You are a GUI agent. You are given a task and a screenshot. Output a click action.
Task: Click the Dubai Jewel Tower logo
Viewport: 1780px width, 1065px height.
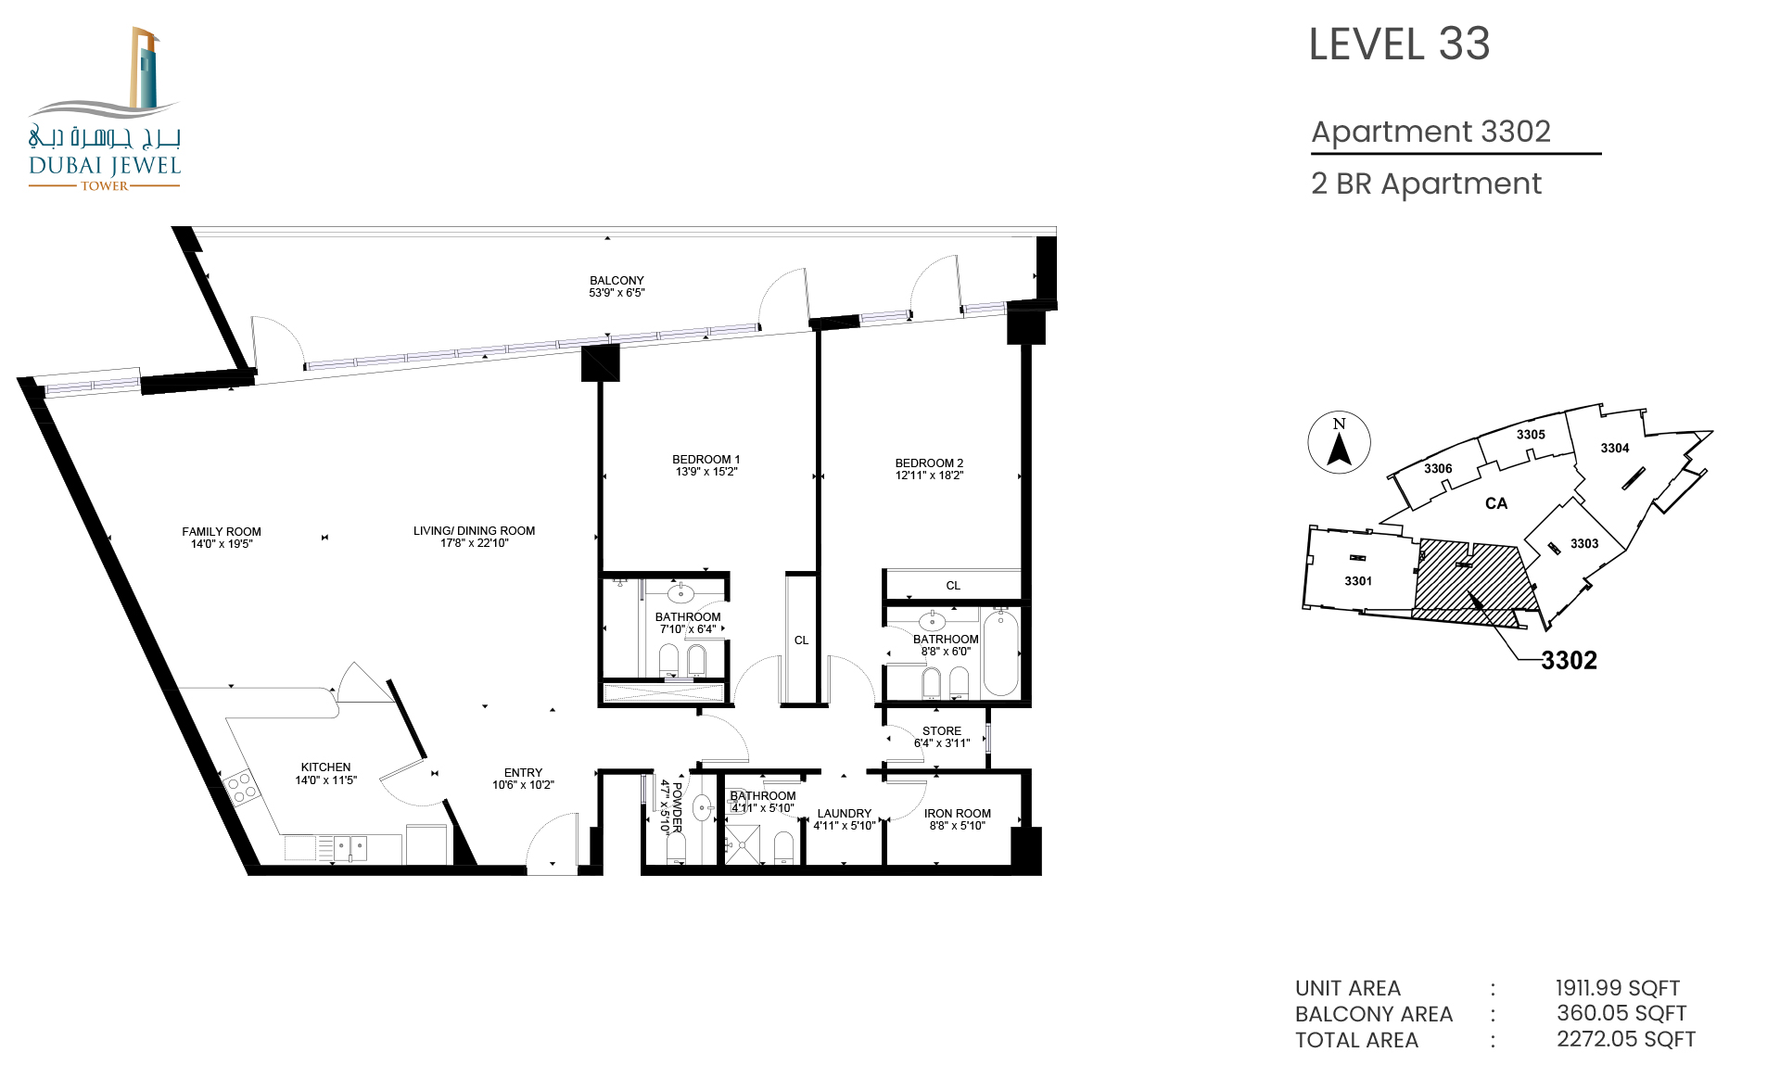pos(105,109)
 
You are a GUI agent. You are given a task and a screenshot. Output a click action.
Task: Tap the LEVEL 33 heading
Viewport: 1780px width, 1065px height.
pos(1399,44)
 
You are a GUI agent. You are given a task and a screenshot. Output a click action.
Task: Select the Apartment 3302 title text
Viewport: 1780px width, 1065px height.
pos(1430,132)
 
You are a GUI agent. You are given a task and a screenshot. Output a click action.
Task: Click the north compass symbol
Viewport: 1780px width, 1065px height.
pos(1339,442)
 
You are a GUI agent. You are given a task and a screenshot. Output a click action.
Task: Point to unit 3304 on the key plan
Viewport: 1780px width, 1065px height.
pos(1614,448)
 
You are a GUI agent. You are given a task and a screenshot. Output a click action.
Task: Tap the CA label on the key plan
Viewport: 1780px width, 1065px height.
pos(1496,503)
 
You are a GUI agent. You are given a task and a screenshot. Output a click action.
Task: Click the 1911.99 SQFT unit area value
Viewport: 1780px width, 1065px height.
pos(1617,988)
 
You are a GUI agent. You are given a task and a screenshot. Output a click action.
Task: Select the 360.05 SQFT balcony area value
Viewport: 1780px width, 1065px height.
pos(1621,1013)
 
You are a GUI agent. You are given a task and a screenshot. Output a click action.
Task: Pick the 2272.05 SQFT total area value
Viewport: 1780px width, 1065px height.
pos(1626,1039)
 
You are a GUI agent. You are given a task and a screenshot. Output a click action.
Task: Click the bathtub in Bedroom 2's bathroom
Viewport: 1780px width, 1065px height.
pos(1000,653)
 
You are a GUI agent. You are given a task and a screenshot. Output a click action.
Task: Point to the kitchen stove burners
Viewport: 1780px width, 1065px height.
pos(241,788)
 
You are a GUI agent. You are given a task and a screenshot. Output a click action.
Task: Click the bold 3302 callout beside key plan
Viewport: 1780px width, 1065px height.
pos(1569,660)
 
